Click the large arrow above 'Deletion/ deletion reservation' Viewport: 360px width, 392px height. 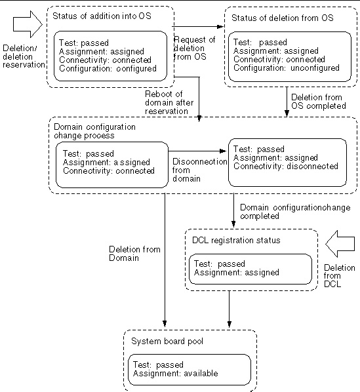(28, 24)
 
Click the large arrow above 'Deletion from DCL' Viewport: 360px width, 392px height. (340, 244)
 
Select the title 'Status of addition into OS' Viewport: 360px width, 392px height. (102, 16)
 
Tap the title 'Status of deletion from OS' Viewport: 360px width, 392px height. (283, 18)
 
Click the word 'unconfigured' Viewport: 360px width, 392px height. (315, 68)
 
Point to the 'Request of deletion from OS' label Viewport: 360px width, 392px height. (195, 49)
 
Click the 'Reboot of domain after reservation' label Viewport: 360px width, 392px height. (169, 102)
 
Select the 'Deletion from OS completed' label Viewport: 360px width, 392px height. (319, 102)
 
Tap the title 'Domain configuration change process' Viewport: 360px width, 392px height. (94, 131)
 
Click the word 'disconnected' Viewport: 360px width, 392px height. (313, 167)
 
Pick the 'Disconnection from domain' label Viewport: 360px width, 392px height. (200, 170)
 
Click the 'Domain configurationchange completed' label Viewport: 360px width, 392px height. (295, 212)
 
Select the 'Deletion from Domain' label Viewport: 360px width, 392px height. (134, 254)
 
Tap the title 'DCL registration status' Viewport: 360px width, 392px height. (236, 241)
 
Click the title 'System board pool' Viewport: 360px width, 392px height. (167, 342)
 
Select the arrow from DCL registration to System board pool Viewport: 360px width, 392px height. (230, 309)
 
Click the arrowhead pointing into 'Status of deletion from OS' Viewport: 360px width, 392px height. (220, 26)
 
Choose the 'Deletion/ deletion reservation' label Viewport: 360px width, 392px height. (24, 56)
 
